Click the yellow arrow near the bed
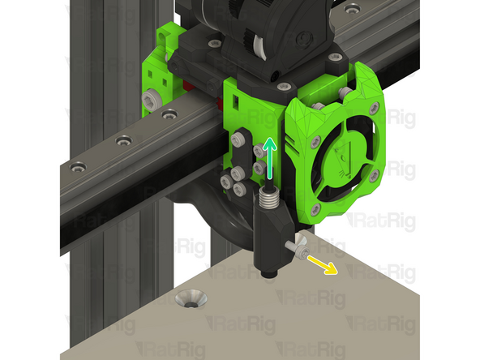pyautogui.click(x=323, y=265)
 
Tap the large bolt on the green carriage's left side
pyautogui.click(x=150, y=100)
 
